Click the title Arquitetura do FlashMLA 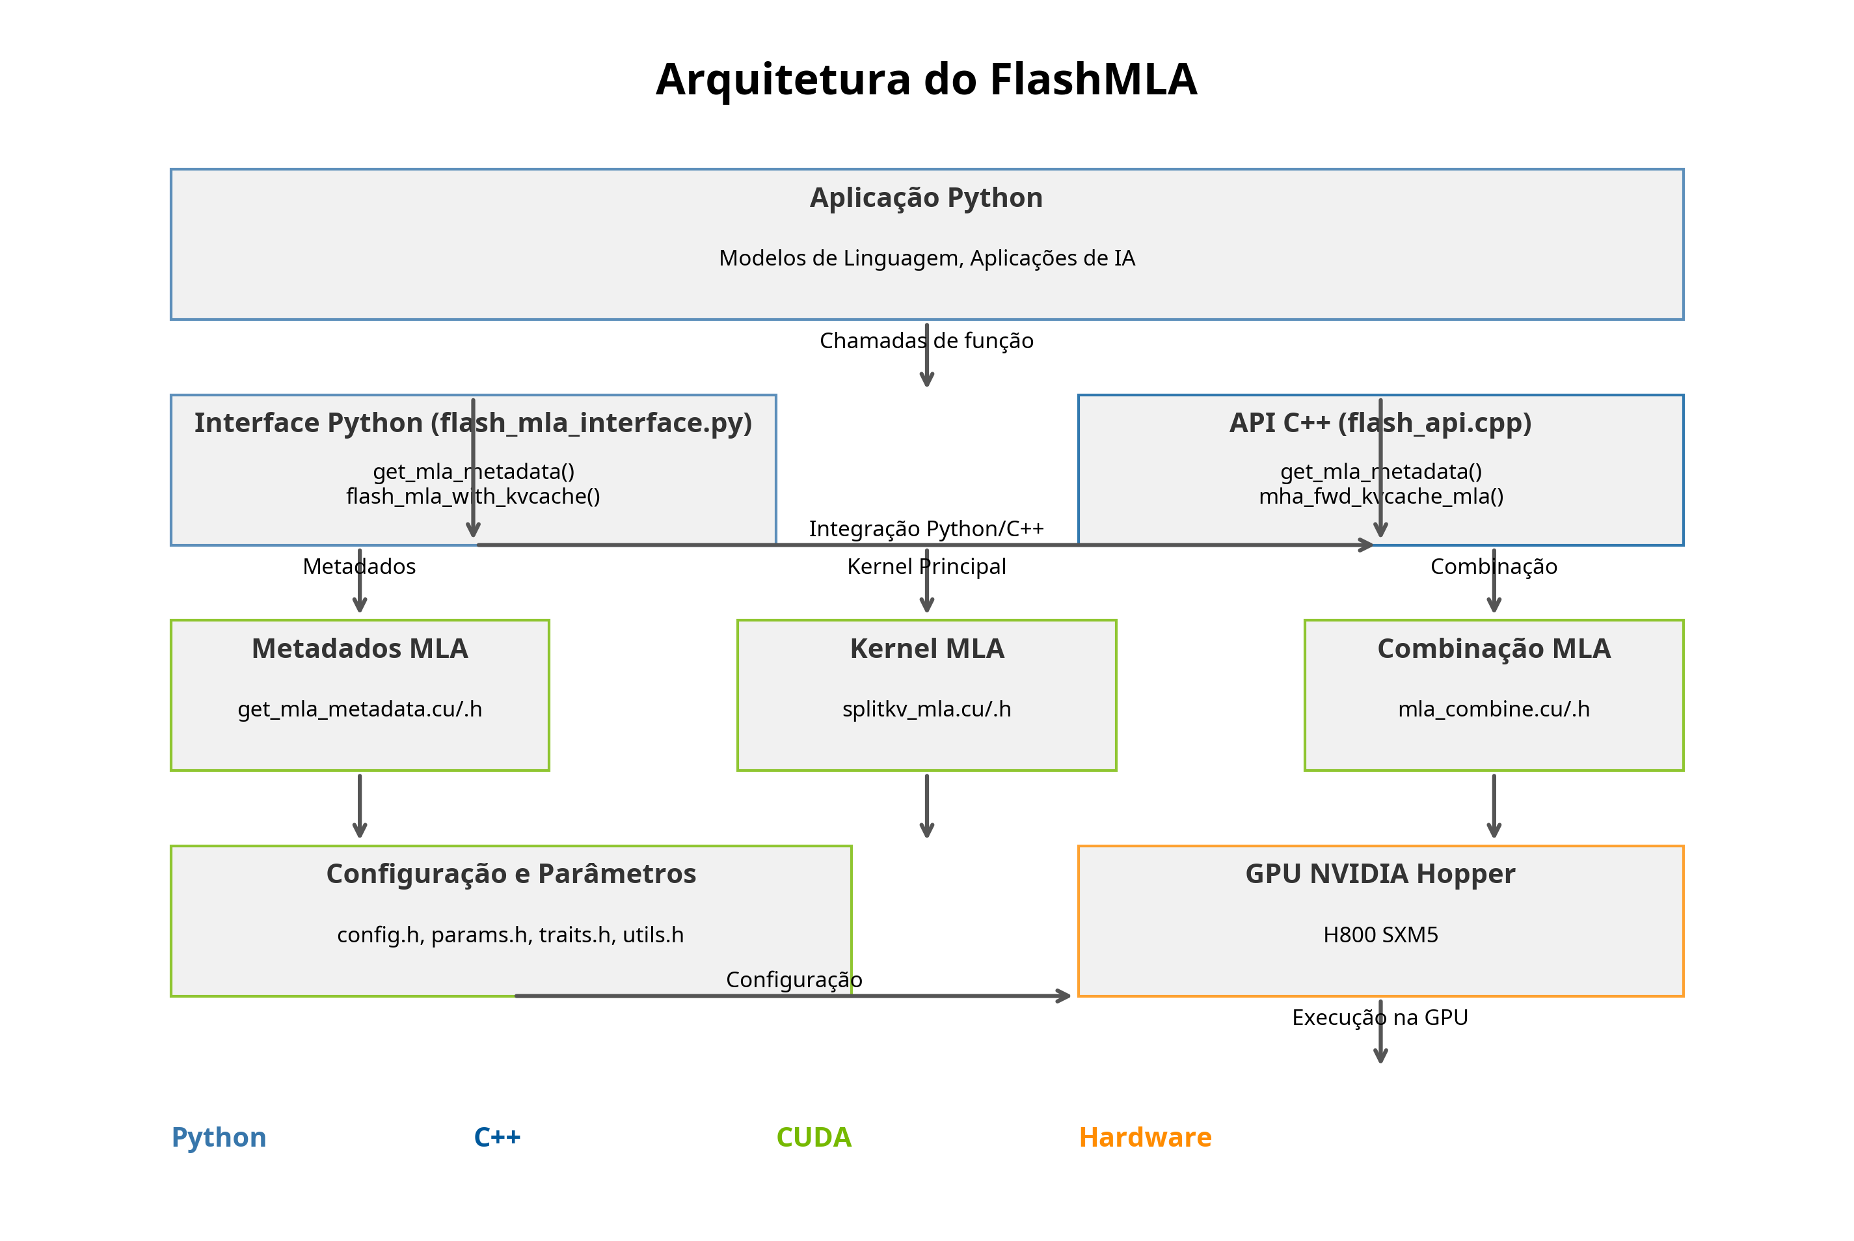926,80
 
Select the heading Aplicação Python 926,198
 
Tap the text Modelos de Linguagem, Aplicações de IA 926,258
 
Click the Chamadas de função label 926,341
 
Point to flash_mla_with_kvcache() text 473,497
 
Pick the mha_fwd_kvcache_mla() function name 1380,497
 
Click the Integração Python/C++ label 926,528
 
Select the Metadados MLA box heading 360,649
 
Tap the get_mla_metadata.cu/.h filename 360,709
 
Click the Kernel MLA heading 927,649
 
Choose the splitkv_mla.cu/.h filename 927,709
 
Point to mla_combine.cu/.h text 1494,709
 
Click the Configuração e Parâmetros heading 511,874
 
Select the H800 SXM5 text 1380,934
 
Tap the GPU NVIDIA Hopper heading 1380,874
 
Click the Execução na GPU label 1380,1018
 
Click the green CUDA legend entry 814,1138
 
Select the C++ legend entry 497,1138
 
